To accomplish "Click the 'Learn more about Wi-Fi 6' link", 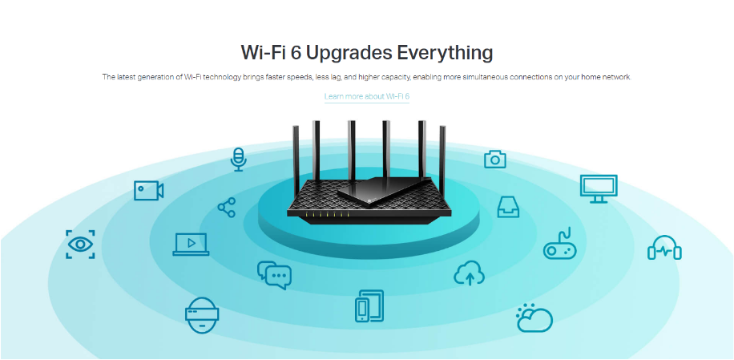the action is [x=367, y=96].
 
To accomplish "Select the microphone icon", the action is [x=238, y=160].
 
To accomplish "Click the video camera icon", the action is [x=148, y=191].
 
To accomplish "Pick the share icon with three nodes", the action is [x=227, y=208].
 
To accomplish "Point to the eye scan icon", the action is [x=80, y=244].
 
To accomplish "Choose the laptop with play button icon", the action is [x=191, y=245].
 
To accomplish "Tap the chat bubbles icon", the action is [x=274, y=275].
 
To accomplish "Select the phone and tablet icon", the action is [x=369, y=305].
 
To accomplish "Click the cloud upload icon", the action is [x=469, y=273].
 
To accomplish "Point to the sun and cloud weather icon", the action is [x=534, y=318].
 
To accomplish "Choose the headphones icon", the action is [x=664, y=247].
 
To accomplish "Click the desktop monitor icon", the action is [x=599, y=188].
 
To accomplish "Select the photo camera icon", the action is [x=494, y=160].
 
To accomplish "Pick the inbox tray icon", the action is [x=508, y=207].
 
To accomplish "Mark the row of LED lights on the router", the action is [x=327, y=214].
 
